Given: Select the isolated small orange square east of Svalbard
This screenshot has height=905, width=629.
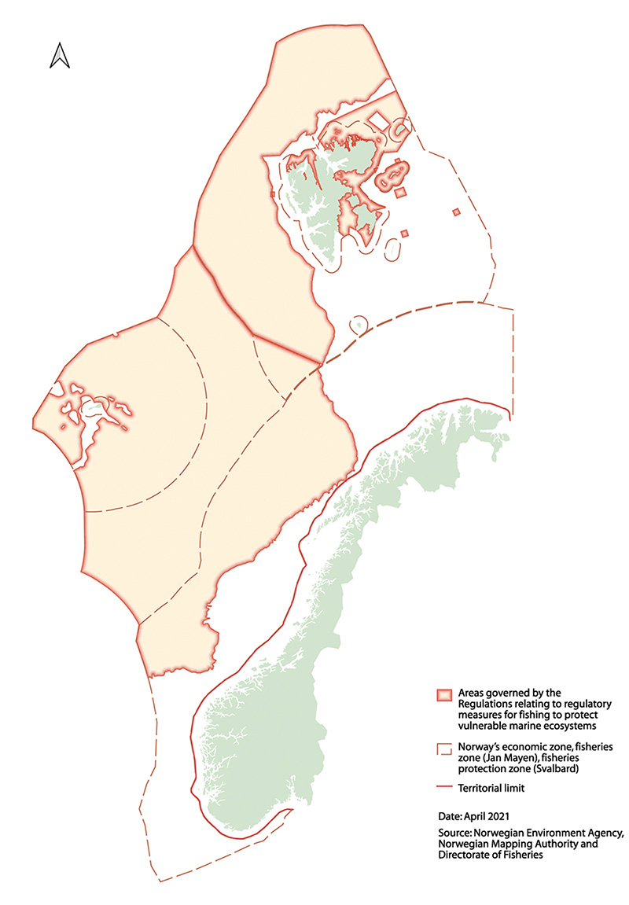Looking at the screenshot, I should click(x=456, y=211).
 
